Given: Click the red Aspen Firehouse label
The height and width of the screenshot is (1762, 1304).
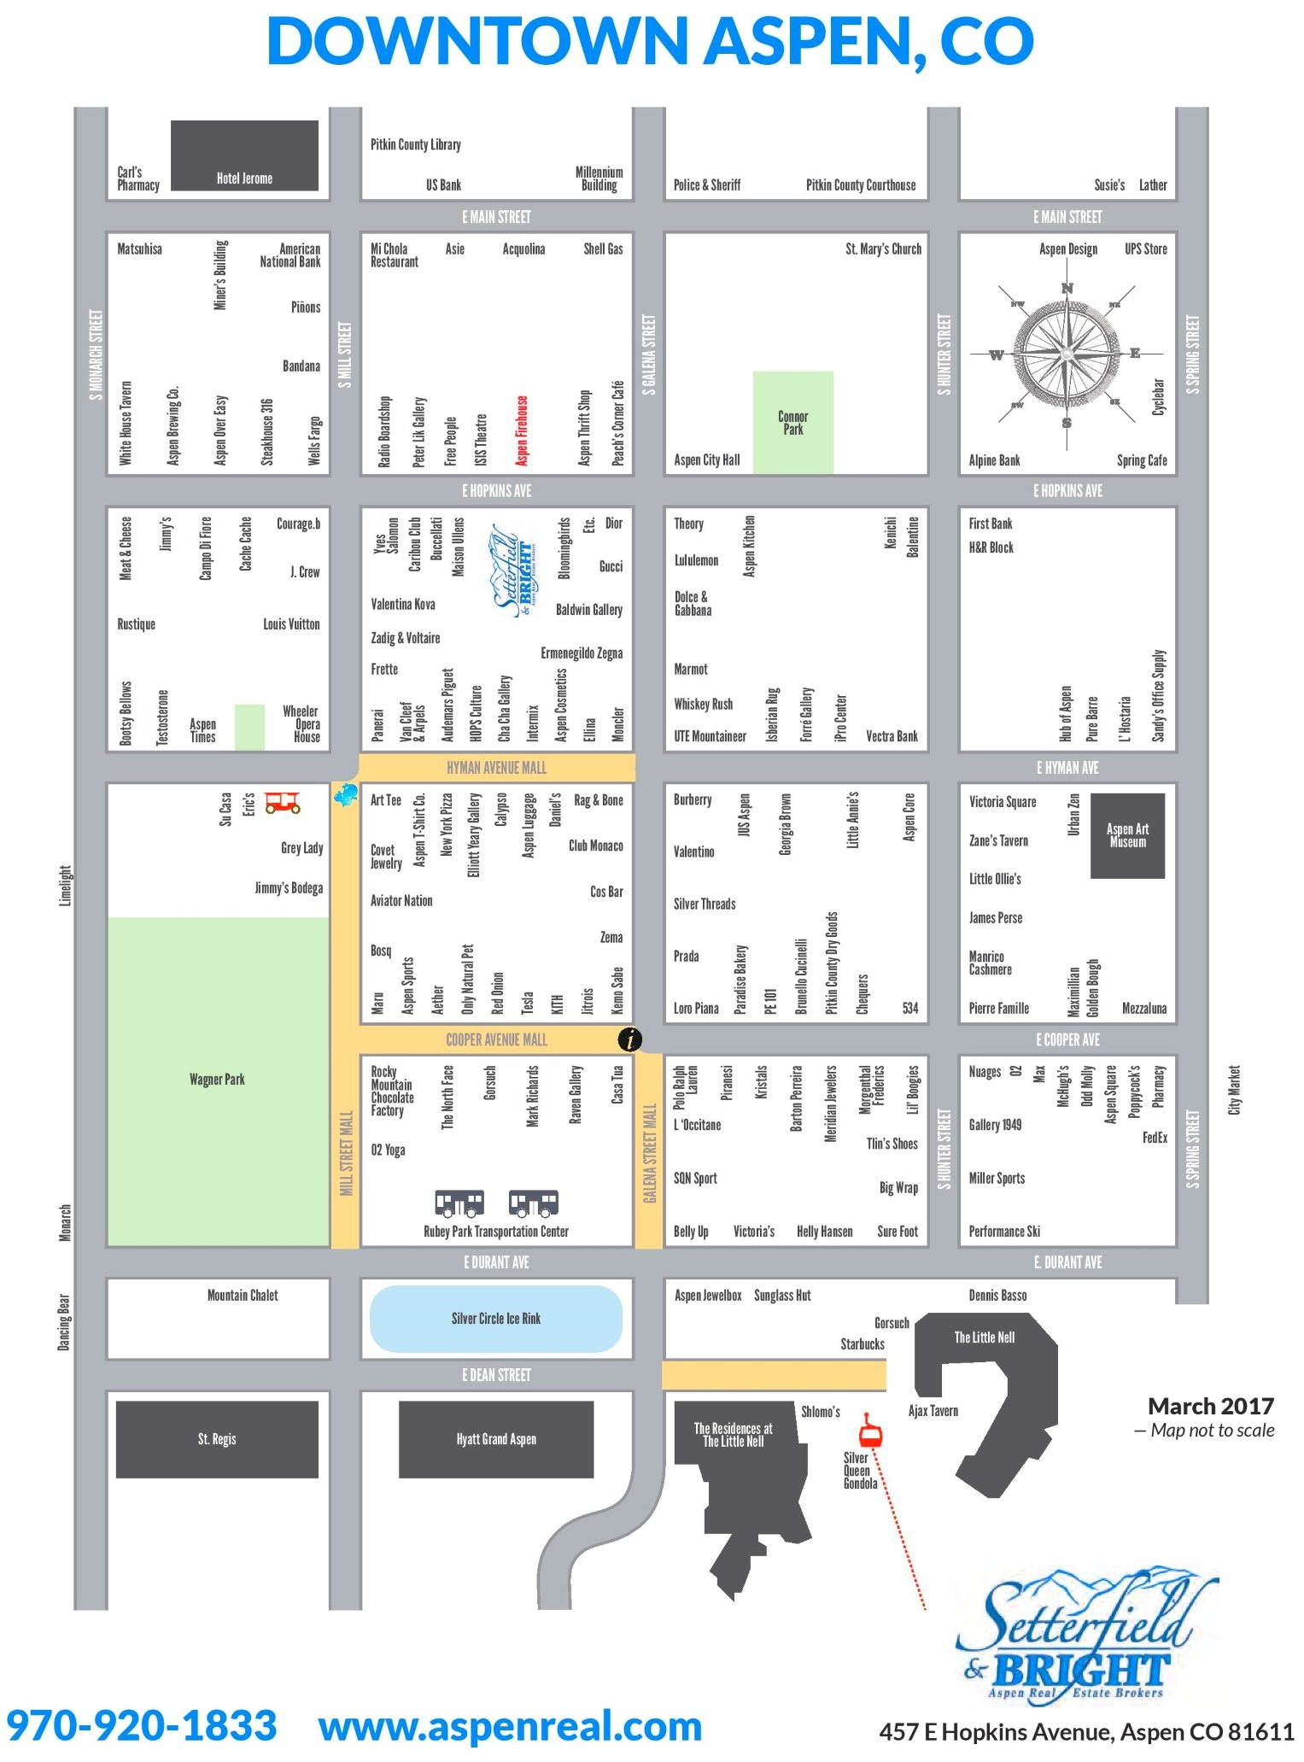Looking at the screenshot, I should click(x=522, y=430).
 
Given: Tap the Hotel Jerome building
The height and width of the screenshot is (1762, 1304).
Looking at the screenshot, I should click(x=244, y=155).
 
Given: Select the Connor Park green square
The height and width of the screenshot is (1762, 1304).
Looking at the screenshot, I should click(x=792, y=422).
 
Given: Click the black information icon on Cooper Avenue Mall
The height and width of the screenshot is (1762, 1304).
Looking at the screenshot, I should click(x=629, y=1039).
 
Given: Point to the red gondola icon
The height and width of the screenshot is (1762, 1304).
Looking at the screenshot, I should click(x=869, y=1430).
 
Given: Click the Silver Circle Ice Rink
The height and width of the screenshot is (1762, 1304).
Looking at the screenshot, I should click(x=495, y=1319).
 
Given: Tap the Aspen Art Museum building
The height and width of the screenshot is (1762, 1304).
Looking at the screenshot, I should click(x=1127, y=835).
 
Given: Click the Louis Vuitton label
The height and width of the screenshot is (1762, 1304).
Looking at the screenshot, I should click(x=291, y=624).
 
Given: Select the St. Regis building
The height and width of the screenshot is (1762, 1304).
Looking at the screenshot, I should click(x=217, y=1439).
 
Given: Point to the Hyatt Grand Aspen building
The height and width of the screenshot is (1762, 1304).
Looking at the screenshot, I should click(x=495, y=1439).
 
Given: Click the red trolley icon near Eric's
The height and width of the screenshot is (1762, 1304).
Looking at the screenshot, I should click(x=282, y=802).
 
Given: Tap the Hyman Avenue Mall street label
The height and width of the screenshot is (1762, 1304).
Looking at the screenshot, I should click(x=496, y=768).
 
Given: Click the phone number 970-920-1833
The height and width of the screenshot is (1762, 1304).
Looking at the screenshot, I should click(x=142, y=1724).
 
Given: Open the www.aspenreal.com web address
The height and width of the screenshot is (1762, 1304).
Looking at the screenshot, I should click(x=510, y=1724).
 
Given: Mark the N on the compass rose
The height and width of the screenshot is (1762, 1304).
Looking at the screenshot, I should click(x=1067, y=289).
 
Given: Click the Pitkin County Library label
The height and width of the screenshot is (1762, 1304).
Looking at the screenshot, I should click(x=416, y=144).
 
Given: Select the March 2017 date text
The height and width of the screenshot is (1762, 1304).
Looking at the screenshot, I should click(x=1210, y=1407).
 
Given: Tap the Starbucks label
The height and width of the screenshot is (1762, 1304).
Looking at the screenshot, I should click(x=862, y=1344).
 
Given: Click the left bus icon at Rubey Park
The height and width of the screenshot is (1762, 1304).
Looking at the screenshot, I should click(x=459, y=1203).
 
